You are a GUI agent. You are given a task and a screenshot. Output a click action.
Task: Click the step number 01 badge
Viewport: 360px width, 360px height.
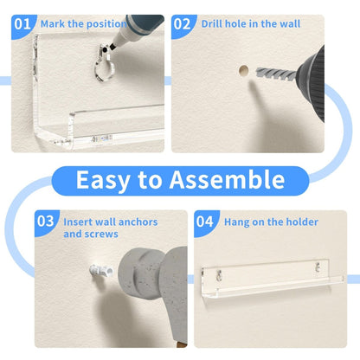point(22,24)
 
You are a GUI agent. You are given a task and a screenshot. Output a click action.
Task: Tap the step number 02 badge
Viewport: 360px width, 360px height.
point(183,24)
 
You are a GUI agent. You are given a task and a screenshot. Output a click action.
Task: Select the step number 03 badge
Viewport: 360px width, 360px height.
point(46,222)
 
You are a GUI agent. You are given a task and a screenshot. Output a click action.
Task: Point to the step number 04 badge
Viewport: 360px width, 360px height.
point(205,222)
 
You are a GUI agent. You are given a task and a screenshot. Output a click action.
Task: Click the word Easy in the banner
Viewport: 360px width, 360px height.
point(102,180)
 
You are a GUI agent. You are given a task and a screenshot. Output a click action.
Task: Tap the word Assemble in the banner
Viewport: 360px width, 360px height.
point(227,179)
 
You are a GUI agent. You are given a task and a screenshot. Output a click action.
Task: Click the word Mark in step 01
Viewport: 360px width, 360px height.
point(53,23)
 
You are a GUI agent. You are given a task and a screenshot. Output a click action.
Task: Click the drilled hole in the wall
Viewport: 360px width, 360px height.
point(244,70)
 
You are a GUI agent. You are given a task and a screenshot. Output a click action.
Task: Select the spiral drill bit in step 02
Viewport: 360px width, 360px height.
point(276,74)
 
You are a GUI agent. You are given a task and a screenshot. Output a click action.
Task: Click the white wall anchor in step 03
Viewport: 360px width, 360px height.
point(101,271)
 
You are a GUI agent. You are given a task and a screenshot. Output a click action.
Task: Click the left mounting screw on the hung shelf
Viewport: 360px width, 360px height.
point(219,275)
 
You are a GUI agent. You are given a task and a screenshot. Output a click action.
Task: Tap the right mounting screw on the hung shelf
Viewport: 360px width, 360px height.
point(318,267)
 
